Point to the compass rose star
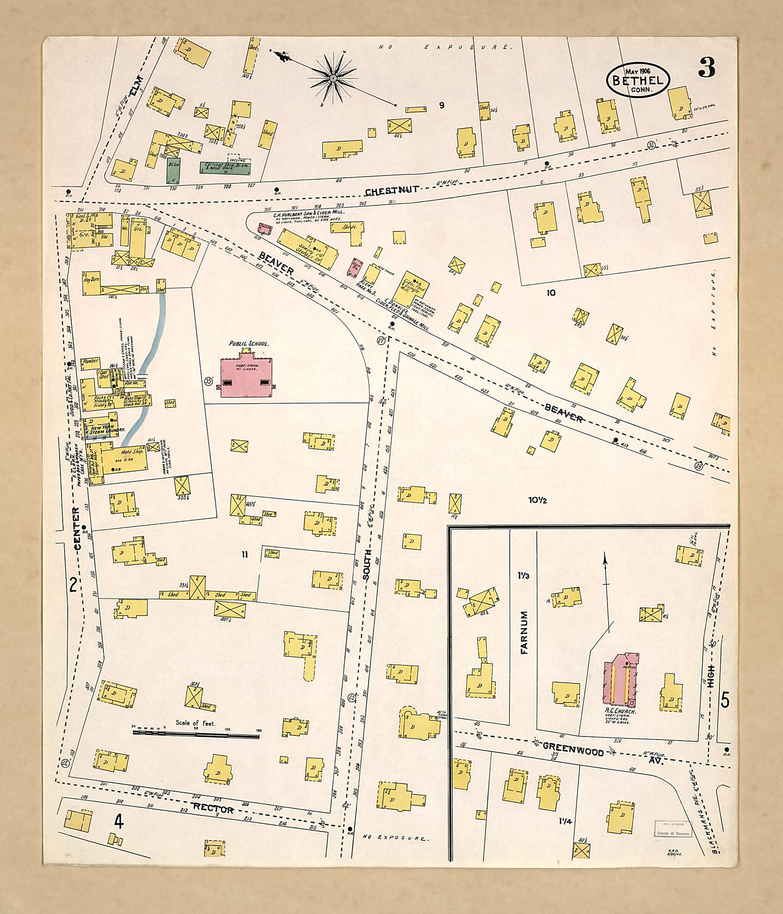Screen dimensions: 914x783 [333, 78]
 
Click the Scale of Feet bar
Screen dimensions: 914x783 [196, 734]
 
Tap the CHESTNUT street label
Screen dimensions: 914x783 [391, 191]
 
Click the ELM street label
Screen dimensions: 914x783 [136, 85]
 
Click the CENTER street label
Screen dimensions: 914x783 [77, 528]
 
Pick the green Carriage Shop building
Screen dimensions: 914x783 [224, 168]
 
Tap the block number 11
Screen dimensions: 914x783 [244, 555]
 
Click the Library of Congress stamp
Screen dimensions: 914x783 [673, 829]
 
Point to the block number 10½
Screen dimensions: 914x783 [537, 500]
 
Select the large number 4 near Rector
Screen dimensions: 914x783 [118, 823]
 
